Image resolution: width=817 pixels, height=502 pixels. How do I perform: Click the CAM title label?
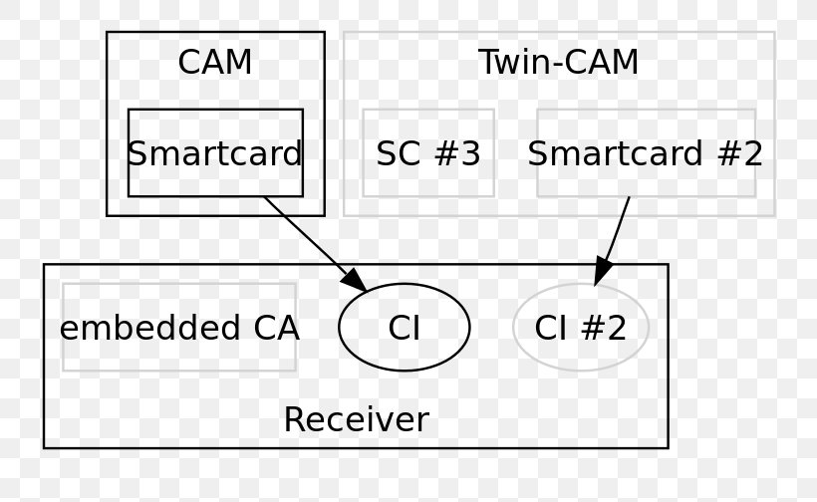(x=214, y=63)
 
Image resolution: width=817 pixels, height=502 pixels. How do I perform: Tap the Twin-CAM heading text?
(x=558, y=63)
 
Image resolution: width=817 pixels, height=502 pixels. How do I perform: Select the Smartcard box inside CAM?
(x=215, y=153)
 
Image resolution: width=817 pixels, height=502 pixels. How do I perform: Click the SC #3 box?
(x=428, y=153)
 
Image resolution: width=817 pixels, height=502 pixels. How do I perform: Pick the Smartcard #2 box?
(x=646, y=153)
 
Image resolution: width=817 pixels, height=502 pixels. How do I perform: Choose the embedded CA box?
(x=179, y=328)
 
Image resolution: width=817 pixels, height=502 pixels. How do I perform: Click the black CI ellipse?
(x=404, y=328)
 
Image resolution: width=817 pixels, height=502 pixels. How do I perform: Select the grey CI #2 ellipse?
(x=581, y=328)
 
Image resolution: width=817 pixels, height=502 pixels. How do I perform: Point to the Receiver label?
(x=356, y=419)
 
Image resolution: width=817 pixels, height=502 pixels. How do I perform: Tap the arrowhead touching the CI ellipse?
(x=356, y=282)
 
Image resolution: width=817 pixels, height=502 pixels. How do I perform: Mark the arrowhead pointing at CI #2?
(x=603, y=271)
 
